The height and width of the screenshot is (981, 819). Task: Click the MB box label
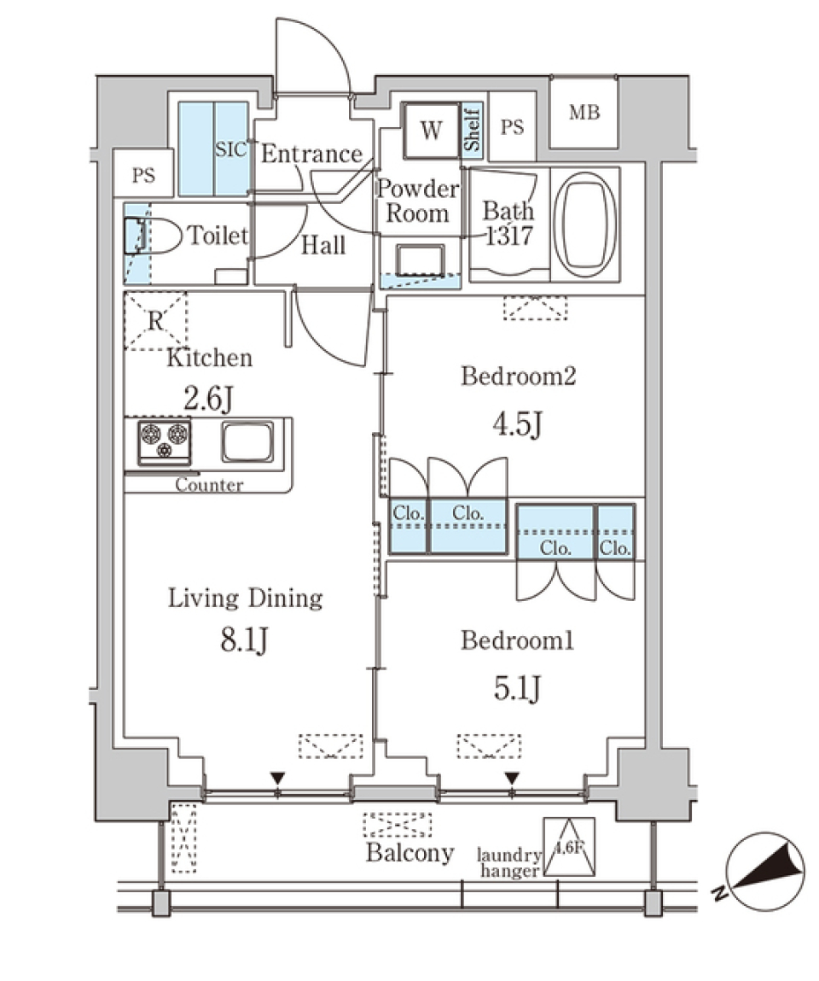[x=584, y=112]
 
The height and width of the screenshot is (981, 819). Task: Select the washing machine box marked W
[x=431, y=131]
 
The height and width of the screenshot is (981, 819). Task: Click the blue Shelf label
[x=473, y=129]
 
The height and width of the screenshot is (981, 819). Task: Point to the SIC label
[x=230, y=150]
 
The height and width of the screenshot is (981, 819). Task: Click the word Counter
[x=209, y=485]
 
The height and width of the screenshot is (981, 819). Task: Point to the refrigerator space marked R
[x=155, y=321]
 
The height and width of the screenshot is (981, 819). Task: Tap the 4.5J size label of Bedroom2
[x=517, y=423]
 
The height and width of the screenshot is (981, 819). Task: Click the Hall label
[x=323, y=246]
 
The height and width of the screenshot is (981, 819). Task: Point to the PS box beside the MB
[x=512, y=128]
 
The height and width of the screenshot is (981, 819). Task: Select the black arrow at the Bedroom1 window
[x=511, y=778]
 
